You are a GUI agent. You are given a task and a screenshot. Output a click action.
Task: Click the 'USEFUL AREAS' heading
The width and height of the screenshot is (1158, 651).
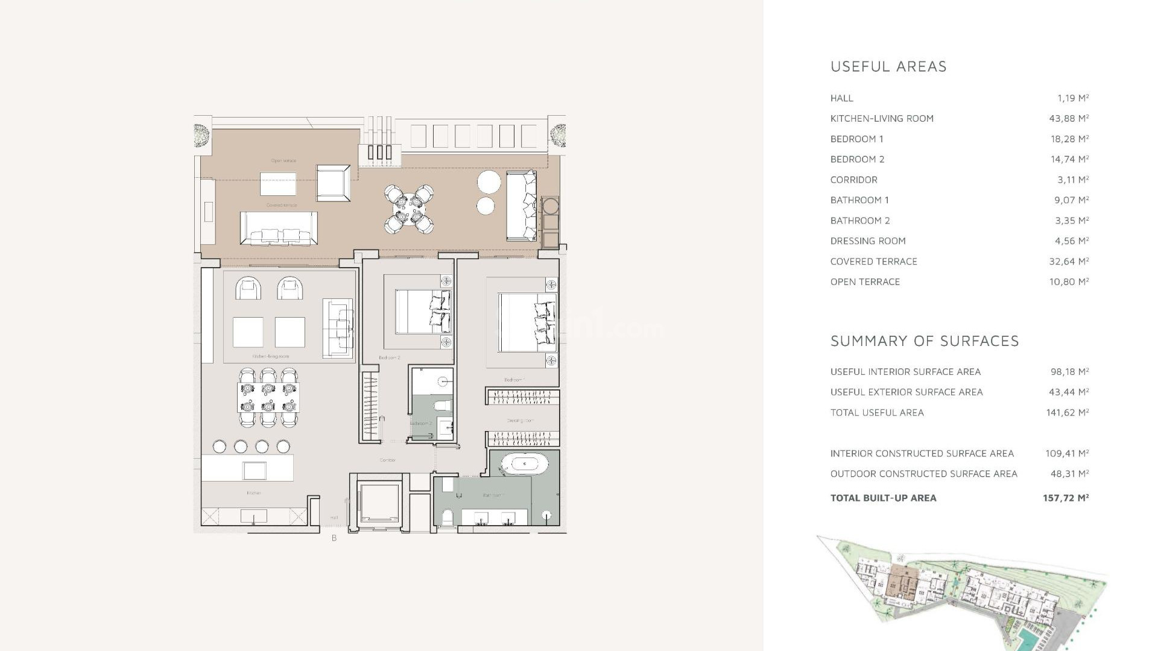[x=888, y=66]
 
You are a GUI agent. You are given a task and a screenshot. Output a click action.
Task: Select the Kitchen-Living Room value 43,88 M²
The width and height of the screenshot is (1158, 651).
[x=1069, y=119]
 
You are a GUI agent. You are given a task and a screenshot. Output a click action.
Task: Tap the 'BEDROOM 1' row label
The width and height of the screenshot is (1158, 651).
[x=856, y=139]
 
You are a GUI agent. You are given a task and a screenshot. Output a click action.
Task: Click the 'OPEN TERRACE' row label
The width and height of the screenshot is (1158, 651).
[x=865, y=282]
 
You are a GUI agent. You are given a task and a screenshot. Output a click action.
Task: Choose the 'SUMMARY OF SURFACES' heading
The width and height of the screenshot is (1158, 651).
[x=925, y=341]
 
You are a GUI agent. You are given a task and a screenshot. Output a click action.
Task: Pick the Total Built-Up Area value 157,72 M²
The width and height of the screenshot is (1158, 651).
[x=1066, y=498]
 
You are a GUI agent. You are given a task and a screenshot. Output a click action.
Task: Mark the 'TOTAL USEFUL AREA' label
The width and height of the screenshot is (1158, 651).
[x=877, y=413]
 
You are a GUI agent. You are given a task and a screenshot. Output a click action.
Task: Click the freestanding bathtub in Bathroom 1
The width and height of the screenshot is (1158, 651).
[x=525, y=464]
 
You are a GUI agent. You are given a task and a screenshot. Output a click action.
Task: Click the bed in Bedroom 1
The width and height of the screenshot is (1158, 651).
[x=526, y=322]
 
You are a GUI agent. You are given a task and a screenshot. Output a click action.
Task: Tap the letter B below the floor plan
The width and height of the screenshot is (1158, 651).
[x=334, y=538]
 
